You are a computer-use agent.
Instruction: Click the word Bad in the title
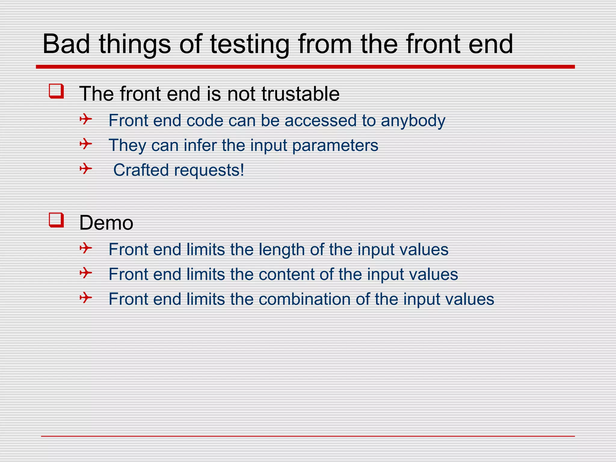pos(66,44)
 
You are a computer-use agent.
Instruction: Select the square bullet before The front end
pos(56,91)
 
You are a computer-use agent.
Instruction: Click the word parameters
pos(335,146)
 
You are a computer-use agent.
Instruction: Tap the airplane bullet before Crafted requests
pos(86,168)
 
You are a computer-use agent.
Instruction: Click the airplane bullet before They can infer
pos(86,144)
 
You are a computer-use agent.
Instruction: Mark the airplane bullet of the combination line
pos(86,298)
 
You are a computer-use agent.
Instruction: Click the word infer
pos(200,145)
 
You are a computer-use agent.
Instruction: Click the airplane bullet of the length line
pos(86,248)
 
